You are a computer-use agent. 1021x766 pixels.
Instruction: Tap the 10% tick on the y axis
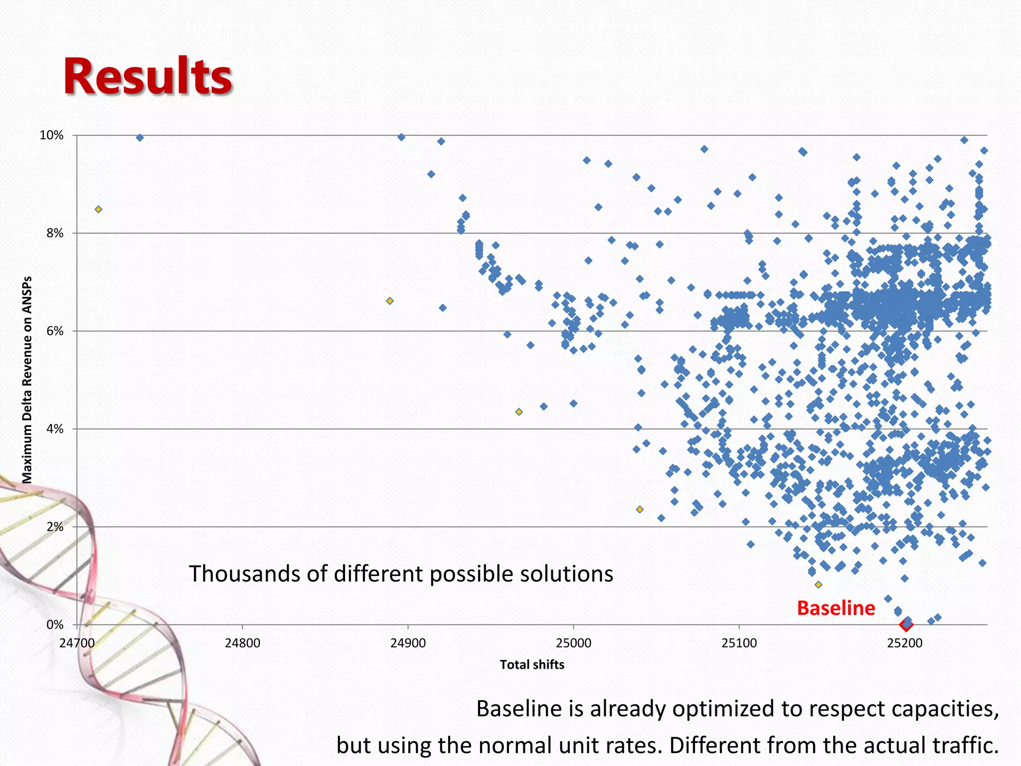[x=52, y=135]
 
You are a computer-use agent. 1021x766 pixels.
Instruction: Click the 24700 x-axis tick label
[x=77, y=643]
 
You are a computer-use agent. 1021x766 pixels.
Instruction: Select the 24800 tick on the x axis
[x=242, y=643]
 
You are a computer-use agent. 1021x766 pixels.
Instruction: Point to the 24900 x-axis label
[x=408, y=643]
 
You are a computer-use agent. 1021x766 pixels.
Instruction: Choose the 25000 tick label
[x=573, y=643]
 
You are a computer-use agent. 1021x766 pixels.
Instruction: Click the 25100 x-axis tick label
[x=739, y=643]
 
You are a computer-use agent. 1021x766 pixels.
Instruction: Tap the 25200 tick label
[x=904, y=643]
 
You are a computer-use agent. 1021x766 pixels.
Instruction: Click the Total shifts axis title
[x=532, y=665]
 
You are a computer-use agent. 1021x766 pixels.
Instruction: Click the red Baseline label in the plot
[x=836, y=608]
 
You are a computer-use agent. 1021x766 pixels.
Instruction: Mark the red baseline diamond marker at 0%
[x=906, y=624]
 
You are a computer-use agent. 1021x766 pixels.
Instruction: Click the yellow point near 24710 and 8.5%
[x=99, y=209]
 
